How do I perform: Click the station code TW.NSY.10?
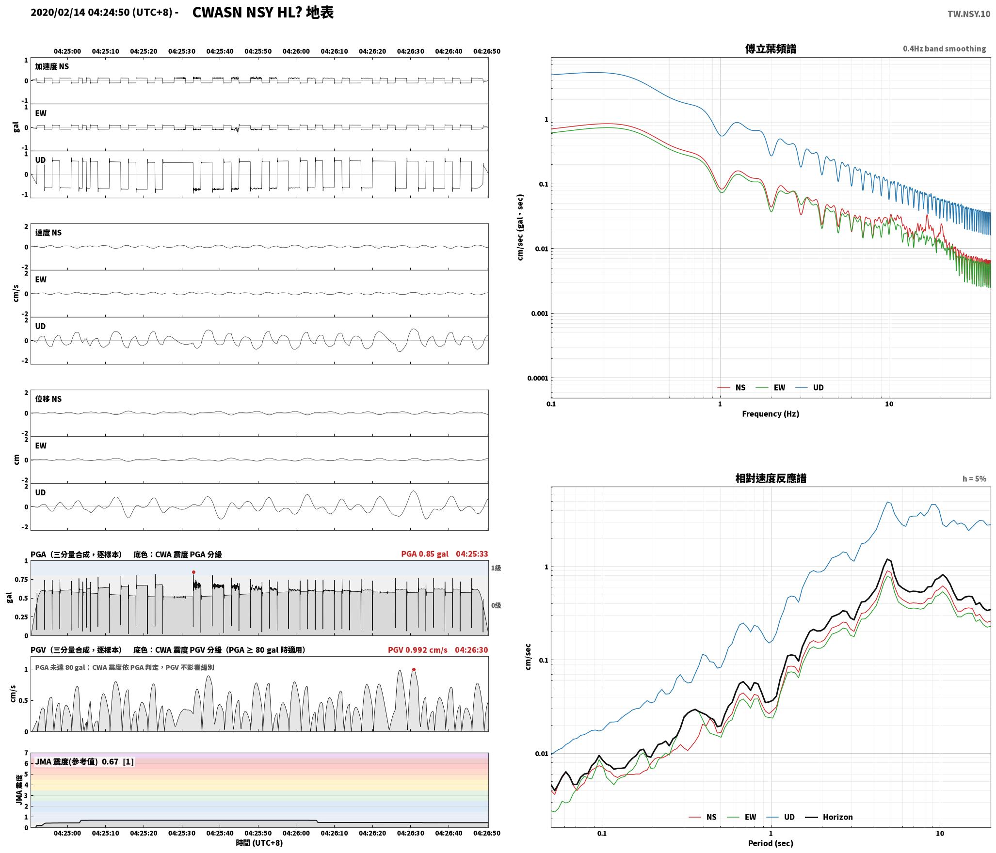(969, 14)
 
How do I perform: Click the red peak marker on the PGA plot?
(193, 572)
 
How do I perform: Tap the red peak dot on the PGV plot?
(414, 670)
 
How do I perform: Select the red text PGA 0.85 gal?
(425, 554)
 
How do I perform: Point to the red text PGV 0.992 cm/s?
(418, 650)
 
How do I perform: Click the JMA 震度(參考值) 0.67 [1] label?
(84, 762)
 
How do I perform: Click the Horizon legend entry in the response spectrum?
(829, 817)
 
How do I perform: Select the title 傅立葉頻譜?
(771, 48)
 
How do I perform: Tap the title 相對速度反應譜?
(771, 478)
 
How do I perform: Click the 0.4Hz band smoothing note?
(944, 49)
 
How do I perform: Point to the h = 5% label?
(974, 479)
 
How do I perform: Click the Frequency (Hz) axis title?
(771, 414)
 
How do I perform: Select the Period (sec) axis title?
(771, 843)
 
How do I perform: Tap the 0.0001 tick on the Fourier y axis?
(538, 378)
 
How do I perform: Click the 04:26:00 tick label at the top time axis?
(296, 51)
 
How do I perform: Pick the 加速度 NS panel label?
(52, 66)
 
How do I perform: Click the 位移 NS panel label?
(48, 399)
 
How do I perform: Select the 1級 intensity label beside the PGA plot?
(496, 568)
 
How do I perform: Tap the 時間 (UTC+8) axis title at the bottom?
(259, 843)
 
